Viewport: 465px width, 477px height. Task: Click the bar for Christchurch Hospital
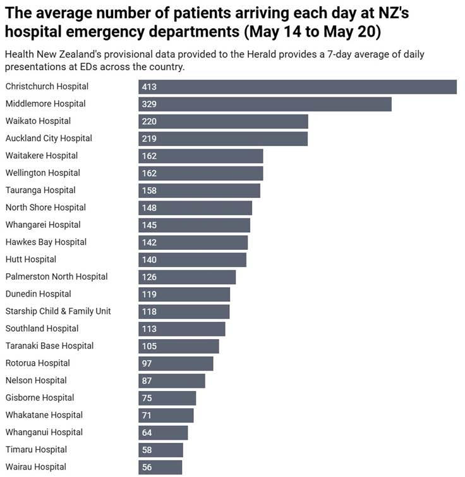(297, 87)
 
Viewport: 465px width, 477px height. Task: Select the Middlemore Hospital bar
(265, 104)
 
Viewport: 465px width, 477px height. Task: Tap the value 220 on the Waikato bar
(149, 121)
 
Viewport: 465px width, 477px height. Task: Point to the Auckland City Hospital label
(49, 138)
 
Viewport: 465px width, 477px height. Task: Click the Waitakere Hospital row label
(42, 156)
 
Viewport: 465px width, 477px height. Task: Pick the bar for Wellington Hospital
(200, 173)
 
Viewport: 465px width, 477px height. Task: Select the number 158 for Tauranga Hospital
(149, 190)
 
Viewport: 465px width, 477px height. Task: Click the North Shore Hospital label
(45, 208)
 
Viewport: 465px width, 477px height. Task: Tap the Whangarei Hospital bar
(194, 225)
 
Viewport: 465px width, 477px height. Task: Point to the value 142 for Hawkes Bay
(149, 242)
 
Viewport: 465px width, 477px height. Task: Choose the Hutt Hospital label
(31, 259)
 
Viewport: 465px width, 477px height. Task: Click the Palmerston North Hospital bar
(187, 276)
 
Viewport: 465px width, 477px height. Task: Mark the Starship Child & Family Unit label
(58, 311)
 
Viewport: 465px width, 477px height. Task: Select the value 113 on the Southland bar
(149, 329)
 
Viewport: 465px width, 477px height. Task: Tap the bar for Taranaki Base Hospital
(179, 346)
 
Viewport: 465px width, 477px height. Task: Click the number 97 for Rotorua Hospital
(147, 363)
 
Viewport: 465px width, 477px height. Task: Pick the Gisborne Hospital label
(40, 398)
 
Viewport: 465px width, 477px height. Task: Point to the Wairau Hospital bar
(160, 467)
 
